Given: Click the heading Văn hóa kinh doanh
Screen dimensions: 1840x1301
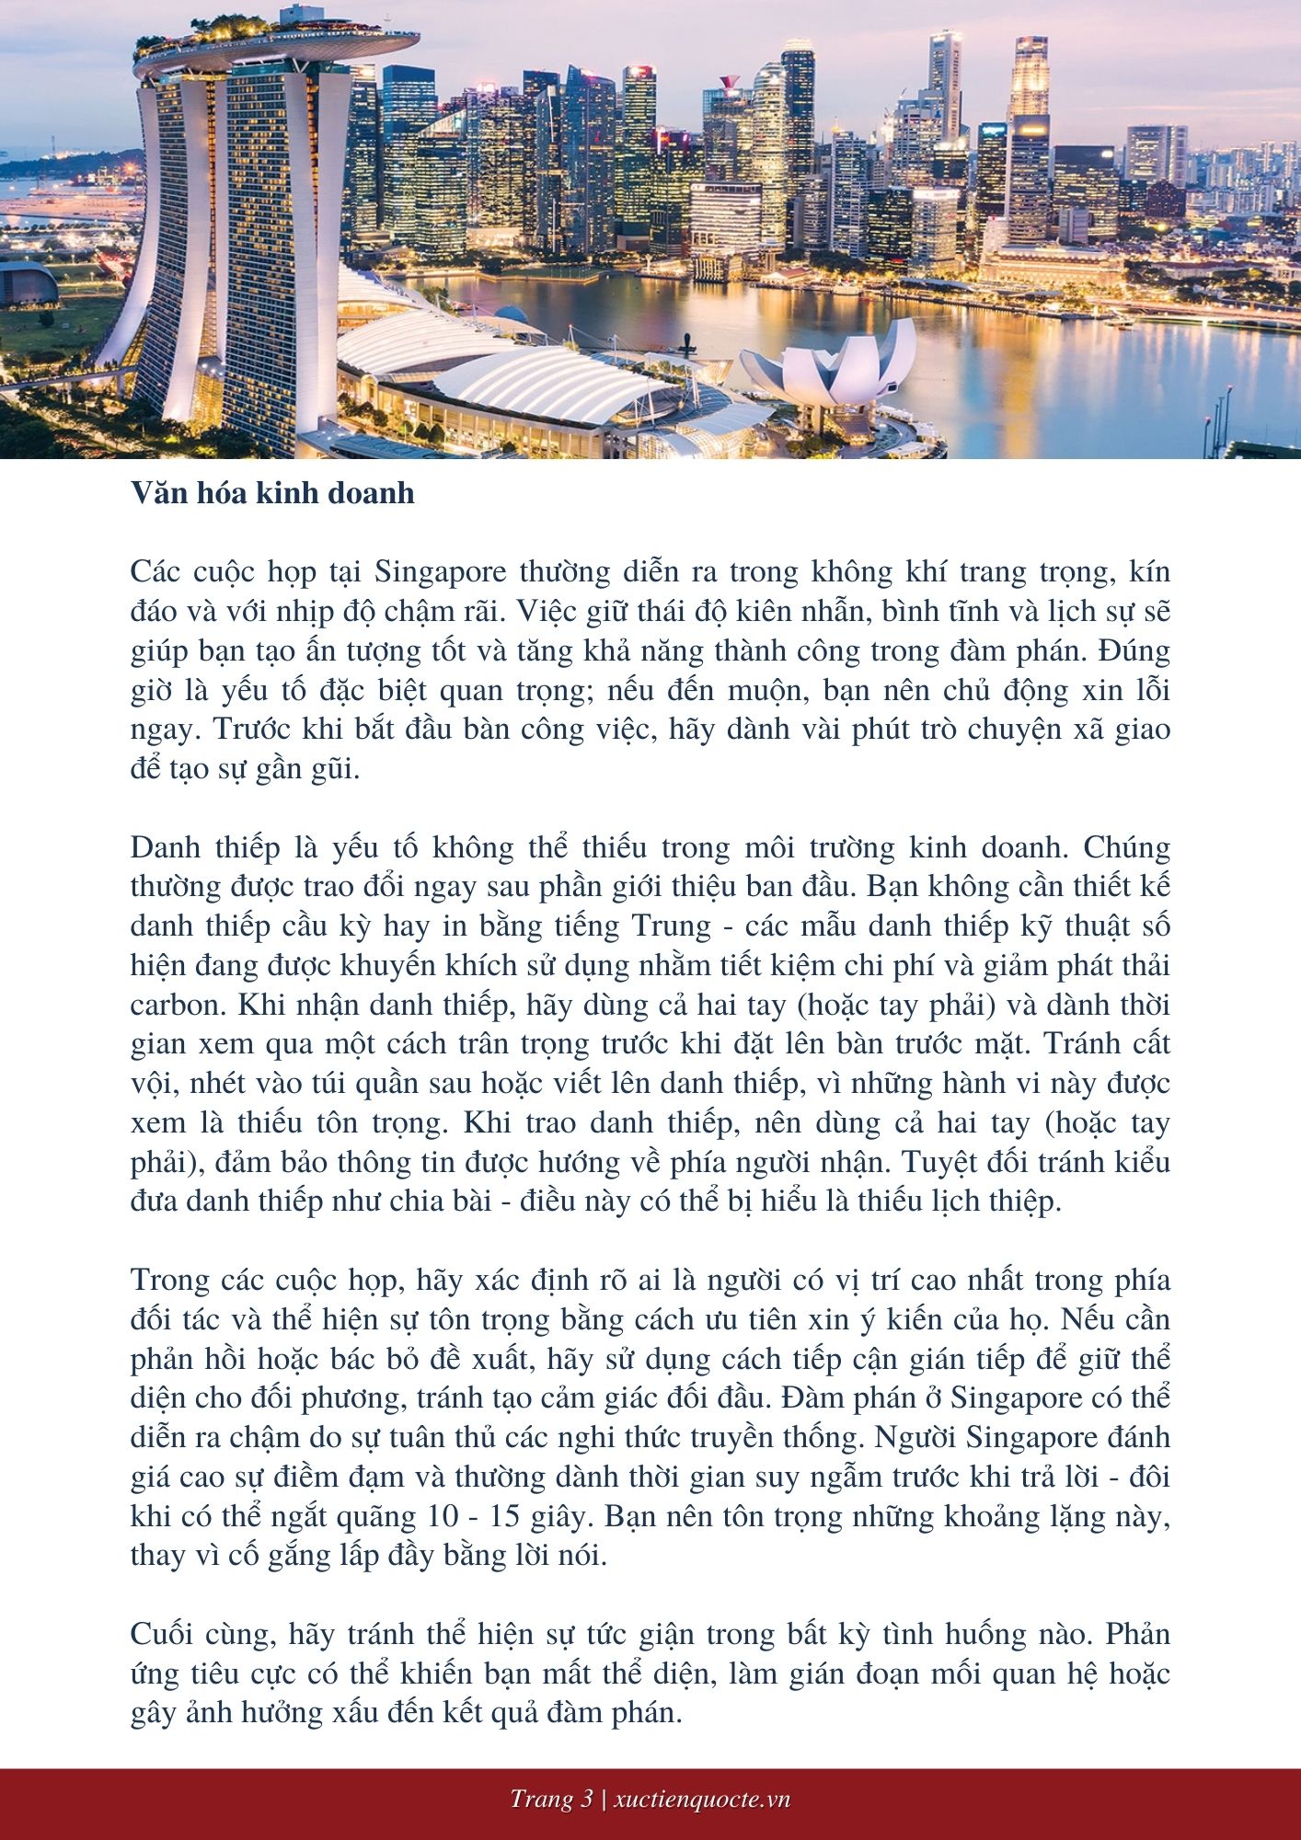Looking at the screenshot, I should point(272,493).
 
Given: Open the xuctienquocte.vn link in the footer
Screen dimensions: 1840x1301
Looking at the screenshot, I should point(701,1800).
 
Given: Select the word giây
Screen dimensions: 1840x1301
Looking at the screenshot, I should point(581,1517).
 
